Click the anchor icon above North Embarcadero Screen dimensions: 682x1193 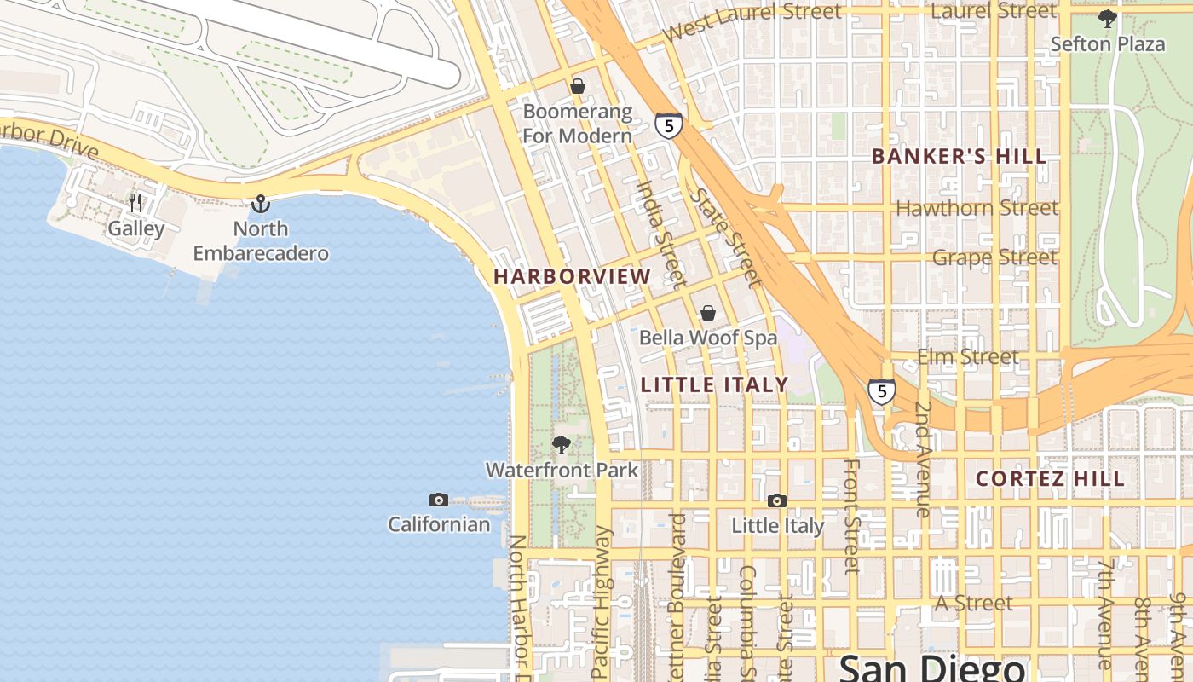[x=261, y=204]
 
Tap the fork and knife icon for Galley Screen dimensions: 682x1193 [x=135, y=203]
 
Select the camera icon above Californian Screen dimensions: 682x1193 [x=439, y=500]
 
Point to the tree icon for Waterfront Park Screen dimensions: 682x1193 [x=562, y=444]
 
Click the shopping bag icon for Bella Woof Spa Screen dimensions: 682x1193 [x=707, y=313]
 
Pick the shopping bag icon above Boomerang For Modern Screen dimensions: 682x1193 [x=578, y=86]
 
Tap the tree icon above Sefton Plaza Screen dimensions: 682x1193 [x=1107, y=19]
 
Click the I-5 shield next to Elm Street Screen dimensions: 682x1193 [x=882, y=391]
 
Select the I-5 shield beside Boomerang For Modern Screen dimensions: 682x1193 [x=669, y=126]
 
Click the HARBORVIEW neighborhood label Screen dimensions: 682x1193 [x=572, y=276]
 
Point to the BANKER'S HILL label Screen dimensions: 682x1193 [x=960, y=157]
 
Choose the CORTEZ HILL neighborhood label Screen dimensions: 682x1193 [x=1050, y=479]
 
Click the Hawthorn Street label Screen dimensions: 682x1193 [x=977, y=208]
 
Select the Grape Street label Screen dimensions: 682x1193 [x=994, y=257]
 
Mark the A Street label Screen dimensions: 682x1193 [x=974, y=604]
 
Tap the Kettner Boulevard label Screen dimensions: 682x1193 [x=678, y=588]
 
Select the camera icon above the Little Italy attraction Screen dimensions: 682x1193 [x=776, y=500]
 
